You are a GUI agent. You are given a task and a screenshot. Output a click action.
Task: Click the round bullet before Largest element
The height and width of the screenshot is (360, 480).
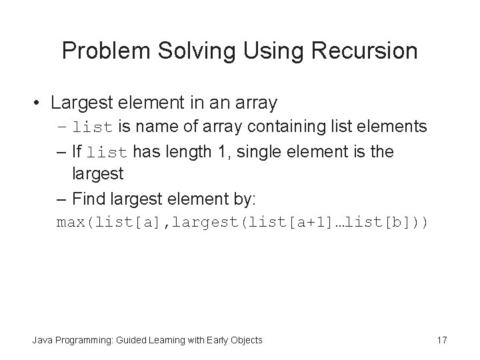click(40, 103)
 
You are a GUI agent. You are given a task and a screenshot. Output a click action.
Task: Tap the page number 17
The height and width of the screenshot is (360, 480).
click(441, 340)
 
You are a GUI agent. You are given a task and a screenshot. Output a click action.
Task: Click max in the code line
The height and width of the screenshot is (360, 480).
click(69, 222)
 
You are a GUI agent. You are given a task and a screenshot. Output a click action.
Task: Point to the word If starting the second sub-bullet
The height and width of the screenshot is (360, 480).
click(78, 151)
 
